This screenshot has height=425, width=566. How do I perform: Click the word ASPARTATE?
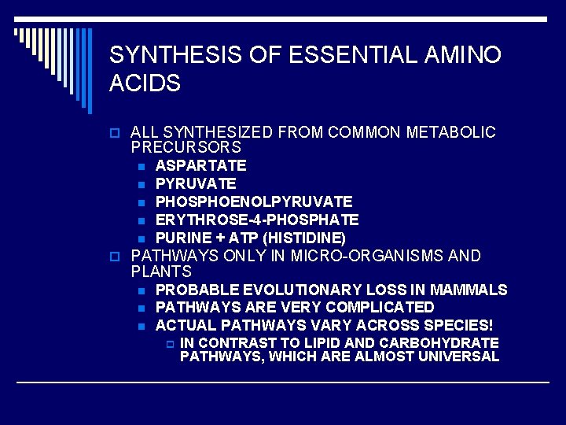200,166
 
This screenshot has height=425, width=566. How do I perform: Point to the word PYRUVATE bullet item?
196,184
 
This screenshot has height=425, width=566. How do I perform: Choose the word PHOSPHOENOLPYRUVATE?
254,202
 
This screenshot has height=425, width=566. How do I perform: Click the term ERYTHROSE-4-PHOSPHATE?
257,220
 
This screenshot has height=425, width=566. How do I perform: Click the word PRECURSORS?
186,148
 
